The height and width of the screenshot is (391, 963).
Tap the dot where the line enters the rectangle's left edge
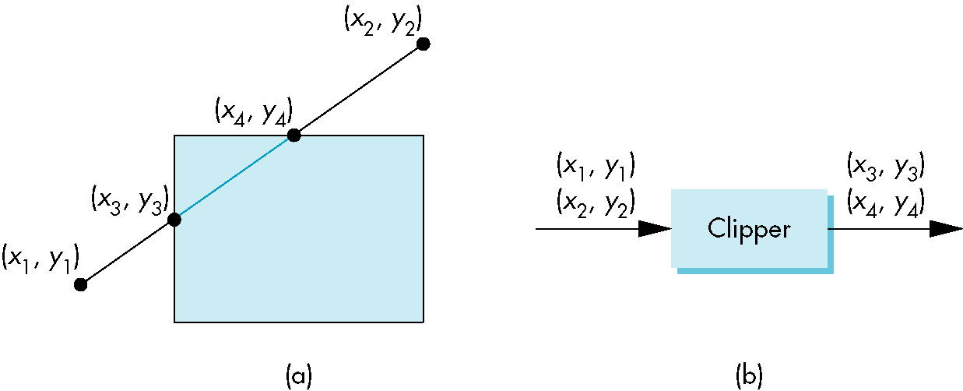click(x=174, y=220)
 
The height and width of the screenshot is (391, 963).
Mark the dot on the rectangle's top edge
click(x=293, y=136)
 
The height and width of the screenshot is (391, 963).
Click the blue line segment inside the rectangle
click(x=234, y=178)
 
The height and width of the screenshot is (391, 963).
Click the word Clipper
click(x=748, y=229)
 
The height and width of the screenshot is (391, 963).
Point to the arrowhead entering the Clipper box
click(x=655, y=229)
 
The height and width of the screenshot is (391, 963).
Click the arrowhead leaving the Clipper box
click(x=946, y=229)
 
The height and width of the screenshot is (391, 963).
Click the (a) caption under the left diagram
click(x=299, y=375)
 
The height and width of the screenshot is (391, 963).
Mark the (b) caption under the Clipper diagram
click(x=749, y=375)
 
